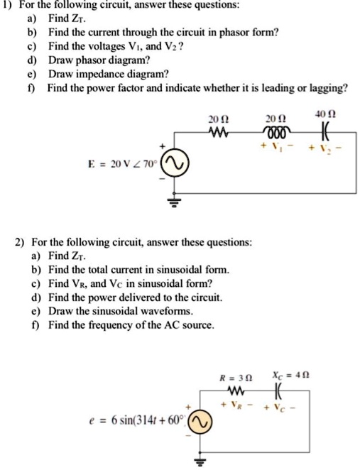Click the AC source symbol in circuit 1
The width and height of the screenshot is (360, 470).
click(175, 165)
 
